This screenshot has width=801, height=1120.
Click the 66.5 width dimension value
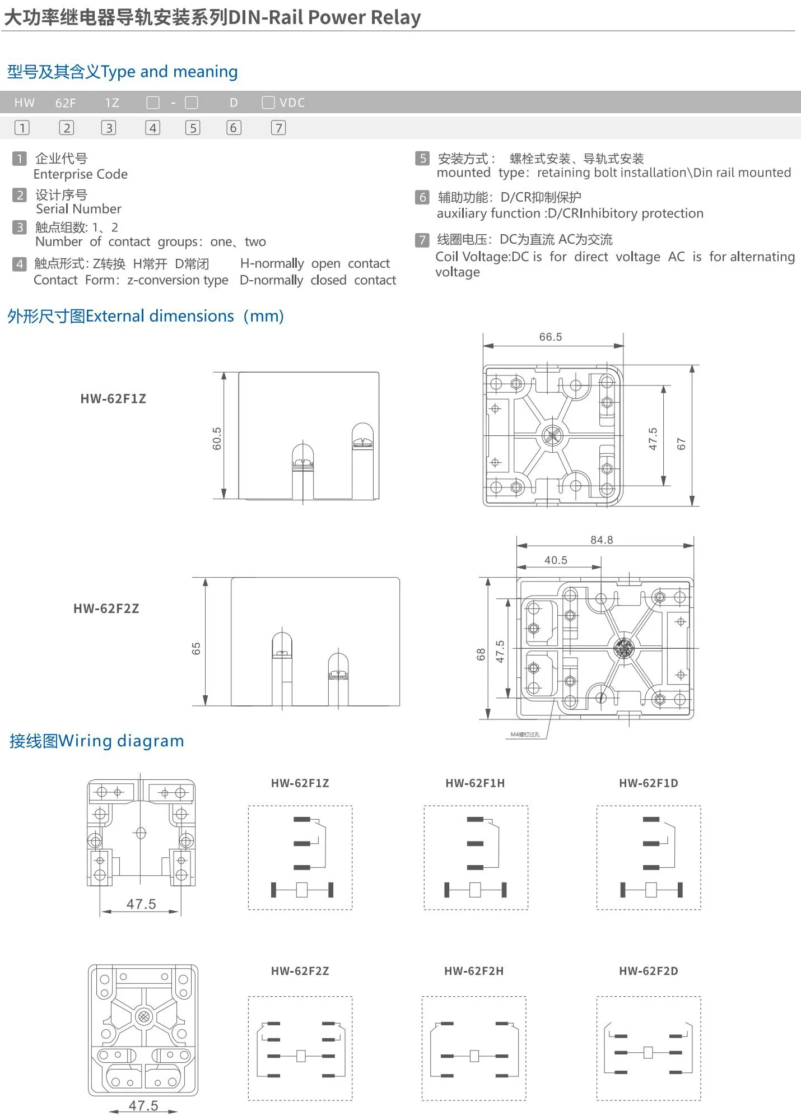[x=550, y=337]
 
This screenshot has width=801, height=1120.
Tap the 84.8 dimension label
[x=602, y=540]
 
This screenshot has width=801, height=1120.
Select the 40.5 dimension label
[x=556, y=560]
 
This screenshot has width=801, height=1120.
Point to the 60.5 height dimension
[x=217, y=438]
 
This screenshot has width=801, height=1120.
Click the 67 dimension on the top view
[x=681, y=444]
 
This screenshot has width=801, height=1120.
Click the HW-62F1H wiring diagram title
[x=475, y=783]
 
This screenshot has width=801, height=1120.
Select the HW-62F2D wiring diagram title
[x=648, y=971]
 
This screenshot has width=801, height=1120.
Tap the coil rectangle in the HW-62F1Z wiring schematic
[x=301, y=890]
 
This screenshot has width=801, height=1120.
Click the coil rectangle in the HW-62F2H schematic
[x=474, y=1056]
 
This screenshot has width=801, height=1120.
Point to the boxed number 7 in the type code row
[x=278, y=128]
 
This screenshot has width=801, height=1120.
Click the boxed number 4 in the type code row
[x=152, y=128]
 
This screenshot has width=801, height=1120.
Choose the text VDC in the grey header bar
[x=292, y=103]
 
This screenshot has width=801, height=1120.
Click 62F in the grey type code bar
[x=65, y=103]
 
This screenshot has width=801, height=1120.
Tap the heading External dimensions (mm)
[x=145, y=316]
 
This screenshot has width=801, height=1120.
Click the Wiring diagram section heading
[x=96, y=741]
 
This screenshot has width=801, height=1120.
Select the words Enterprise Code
[x=81, y=174]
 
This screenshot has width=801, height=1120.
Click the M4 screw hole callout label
[x=525, y=734]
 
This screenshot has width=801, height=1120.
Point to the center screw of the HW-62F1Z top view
[x=552, y=435]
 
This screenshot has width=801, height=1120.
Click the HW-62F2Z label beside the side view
[x=106, y=608]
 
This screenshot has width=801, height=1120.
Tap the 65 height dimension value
[x=196, y=648]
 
